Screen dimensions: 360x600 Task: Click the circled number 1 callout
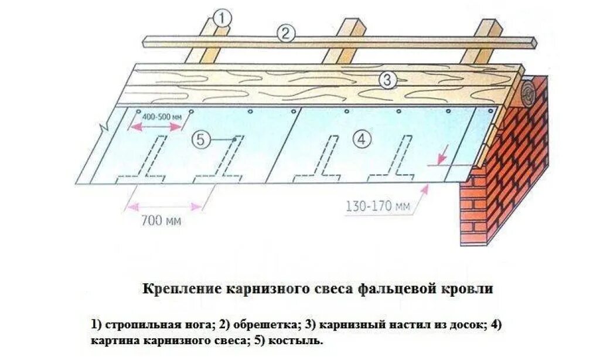(221, 18)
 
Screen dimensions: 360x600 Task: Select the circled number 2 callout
(285, 34)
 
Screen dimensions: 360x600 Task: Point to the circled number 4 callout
(362, 139)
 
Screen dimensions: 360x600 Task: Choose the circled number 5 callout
(200, 140)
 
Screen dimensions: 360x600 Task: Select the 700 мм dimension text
(161, 221)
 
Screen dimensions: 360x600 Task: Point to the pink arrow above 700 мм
(165, 205)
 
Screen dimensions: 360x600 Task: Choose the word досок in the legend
(464, 324)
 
